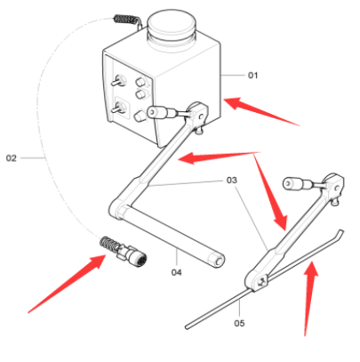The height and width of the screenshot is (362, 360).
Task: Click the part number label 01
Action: tap(252, 76)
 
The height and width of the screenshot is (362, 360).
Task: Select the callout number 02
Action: tap(12, 158)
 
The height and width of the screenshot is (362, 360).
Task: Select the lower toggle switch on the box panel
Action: tap(117, 109)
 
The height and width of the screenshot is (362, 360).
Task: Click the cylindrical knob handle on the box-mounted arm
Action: tap(162, 111)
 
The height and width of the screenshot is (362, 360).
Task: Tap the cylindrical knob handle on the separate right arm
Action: tap(295, 184)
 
